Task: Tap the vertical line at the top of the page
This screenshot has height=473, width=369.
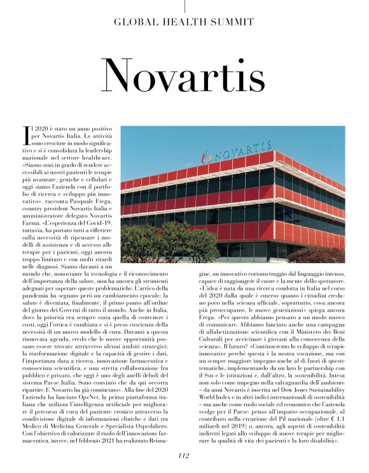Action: point(184,6)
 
